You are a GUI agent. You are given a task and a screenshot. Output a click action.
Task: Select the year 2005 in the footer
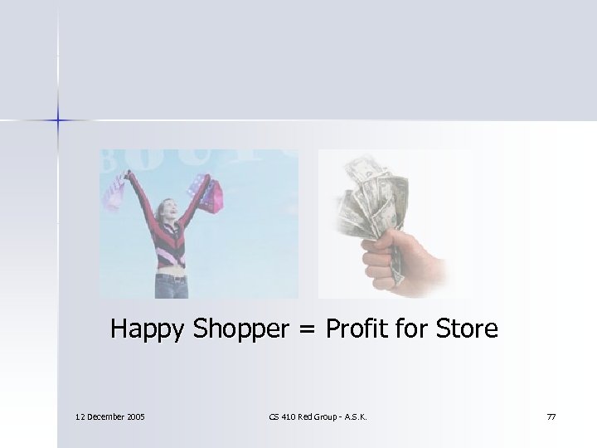(x=133, y=416)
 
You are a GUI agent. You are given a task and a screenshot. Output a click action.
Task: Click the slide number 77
(x=551, y=416)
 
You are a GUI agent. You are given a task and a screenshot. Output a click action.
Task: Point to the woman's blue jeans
(x=173, y=286)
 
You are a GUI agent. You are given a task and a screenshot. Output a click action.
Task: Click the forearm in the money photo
(x=427, y=265)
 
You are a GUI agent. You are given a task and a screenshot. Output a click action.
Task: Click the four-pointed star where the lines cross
(x=59, y=121)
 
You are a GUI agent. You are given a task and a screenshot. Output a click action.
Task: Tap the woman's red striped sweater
(x=171, y=245)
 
